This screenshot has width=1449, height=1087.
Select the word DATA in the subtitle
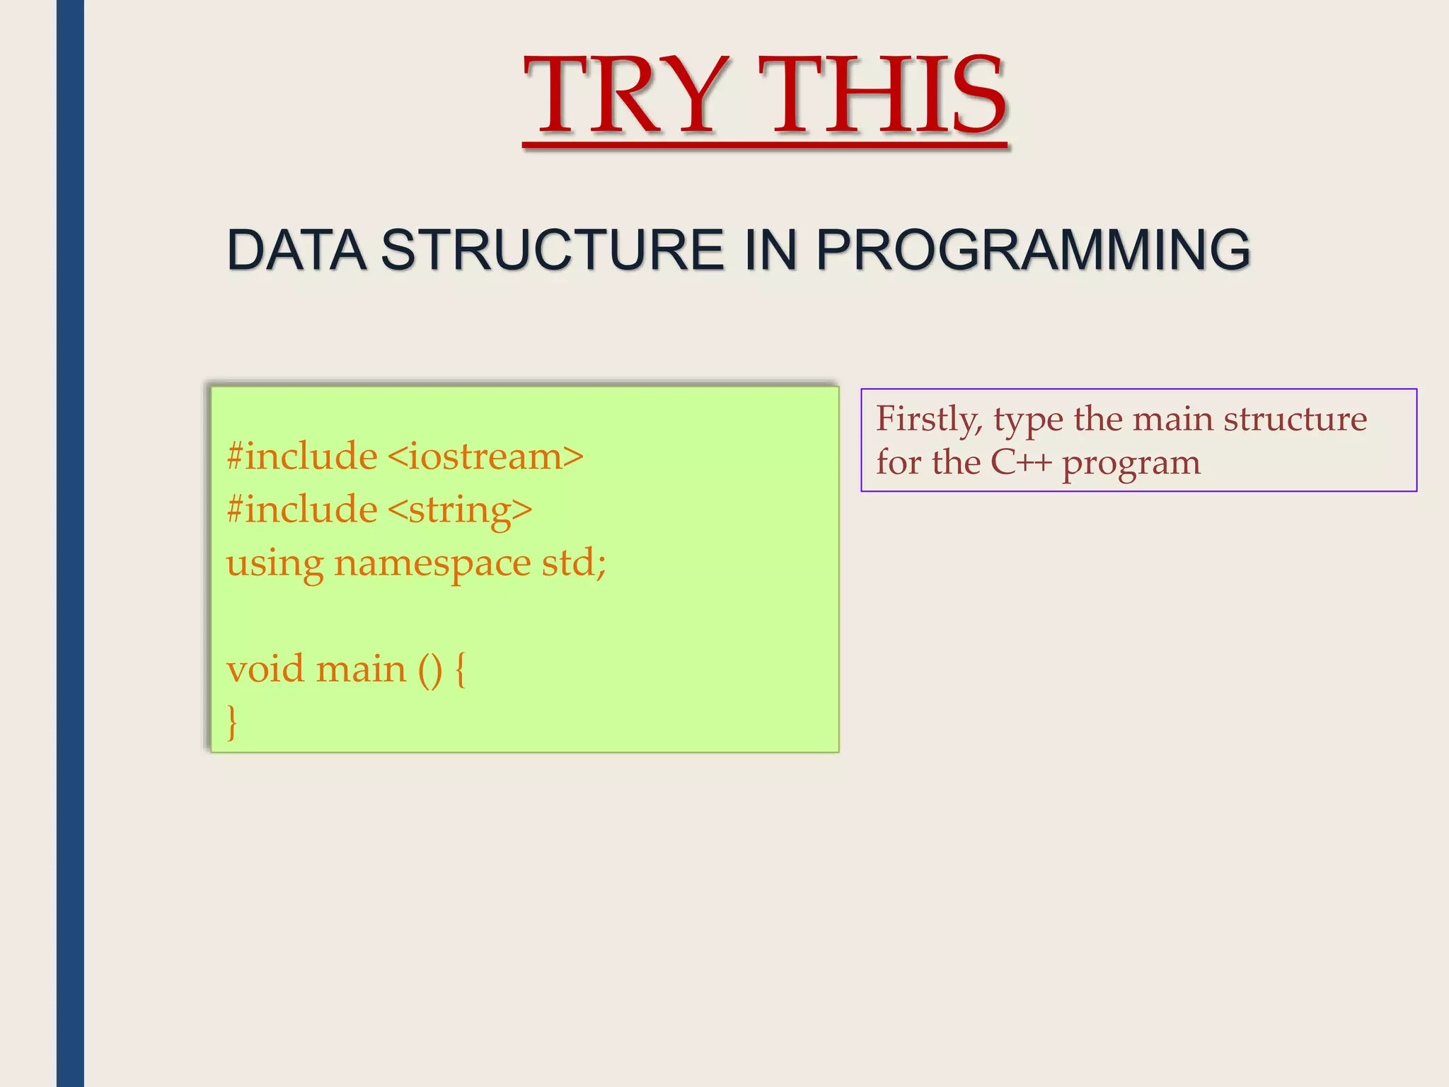pyautogui.click(x=296, y=250)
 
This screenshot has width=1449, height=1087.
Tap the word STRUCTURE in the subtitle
pyautogui.click(x=552, y=250)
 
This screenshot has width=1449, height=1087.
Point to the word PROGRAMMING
pyautogui.click(x=1033, y=250)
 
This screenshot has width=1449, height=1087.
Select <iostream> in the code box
pyautogui.click(x=486, y=456)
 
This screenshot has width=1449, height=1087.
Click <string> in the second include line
pyautogui.click(x=460, y=510)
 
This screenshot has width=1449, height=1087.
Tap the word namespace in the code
pyautogui.click(x=432, y=563)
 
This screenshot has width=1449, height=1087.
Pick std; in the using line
pyautogui.click(x=574, y=563)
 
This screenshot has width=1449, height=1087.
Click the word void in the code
pyautogui.click(x=265, y=669)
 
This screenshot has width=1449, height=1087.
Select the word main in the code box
pyautogui.click(x=361, y=669)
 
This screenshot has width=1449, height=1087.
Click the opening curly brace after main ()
pyautogui.click(x=461, y=669)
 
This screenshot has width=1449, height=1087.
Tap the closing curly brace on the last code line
pyautogui.click(x=232, y=722)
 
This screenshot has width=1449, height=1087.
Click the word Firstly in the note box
pyautogui.click(x=929, y=419)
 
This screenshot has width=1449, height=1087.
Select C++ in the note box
pyautogui.click(x=1021, y=463)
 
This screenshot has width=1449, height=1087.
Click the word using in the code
pyautogui.click(x=275, y=565)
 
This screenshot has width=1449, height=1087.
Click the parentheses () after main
pyautogui.click(x=430, y=669)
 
